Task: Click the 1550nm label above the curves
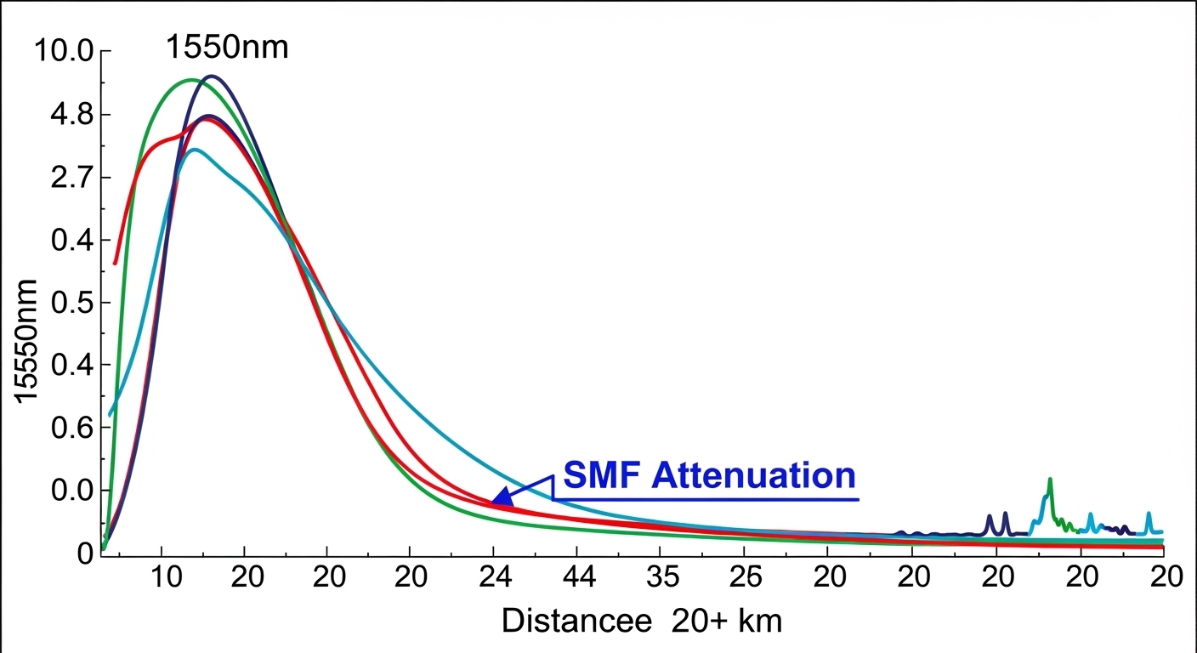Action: [226, 47]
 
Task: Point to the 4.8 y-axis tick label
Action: [68, 115]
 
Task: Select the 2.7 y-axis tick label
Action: [68, 178]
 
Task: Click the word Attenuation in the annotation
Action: [753, 475]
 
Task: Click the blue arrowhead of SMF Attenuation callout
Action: [502, 497]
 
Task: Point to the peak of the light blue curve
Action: [196, 150]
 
